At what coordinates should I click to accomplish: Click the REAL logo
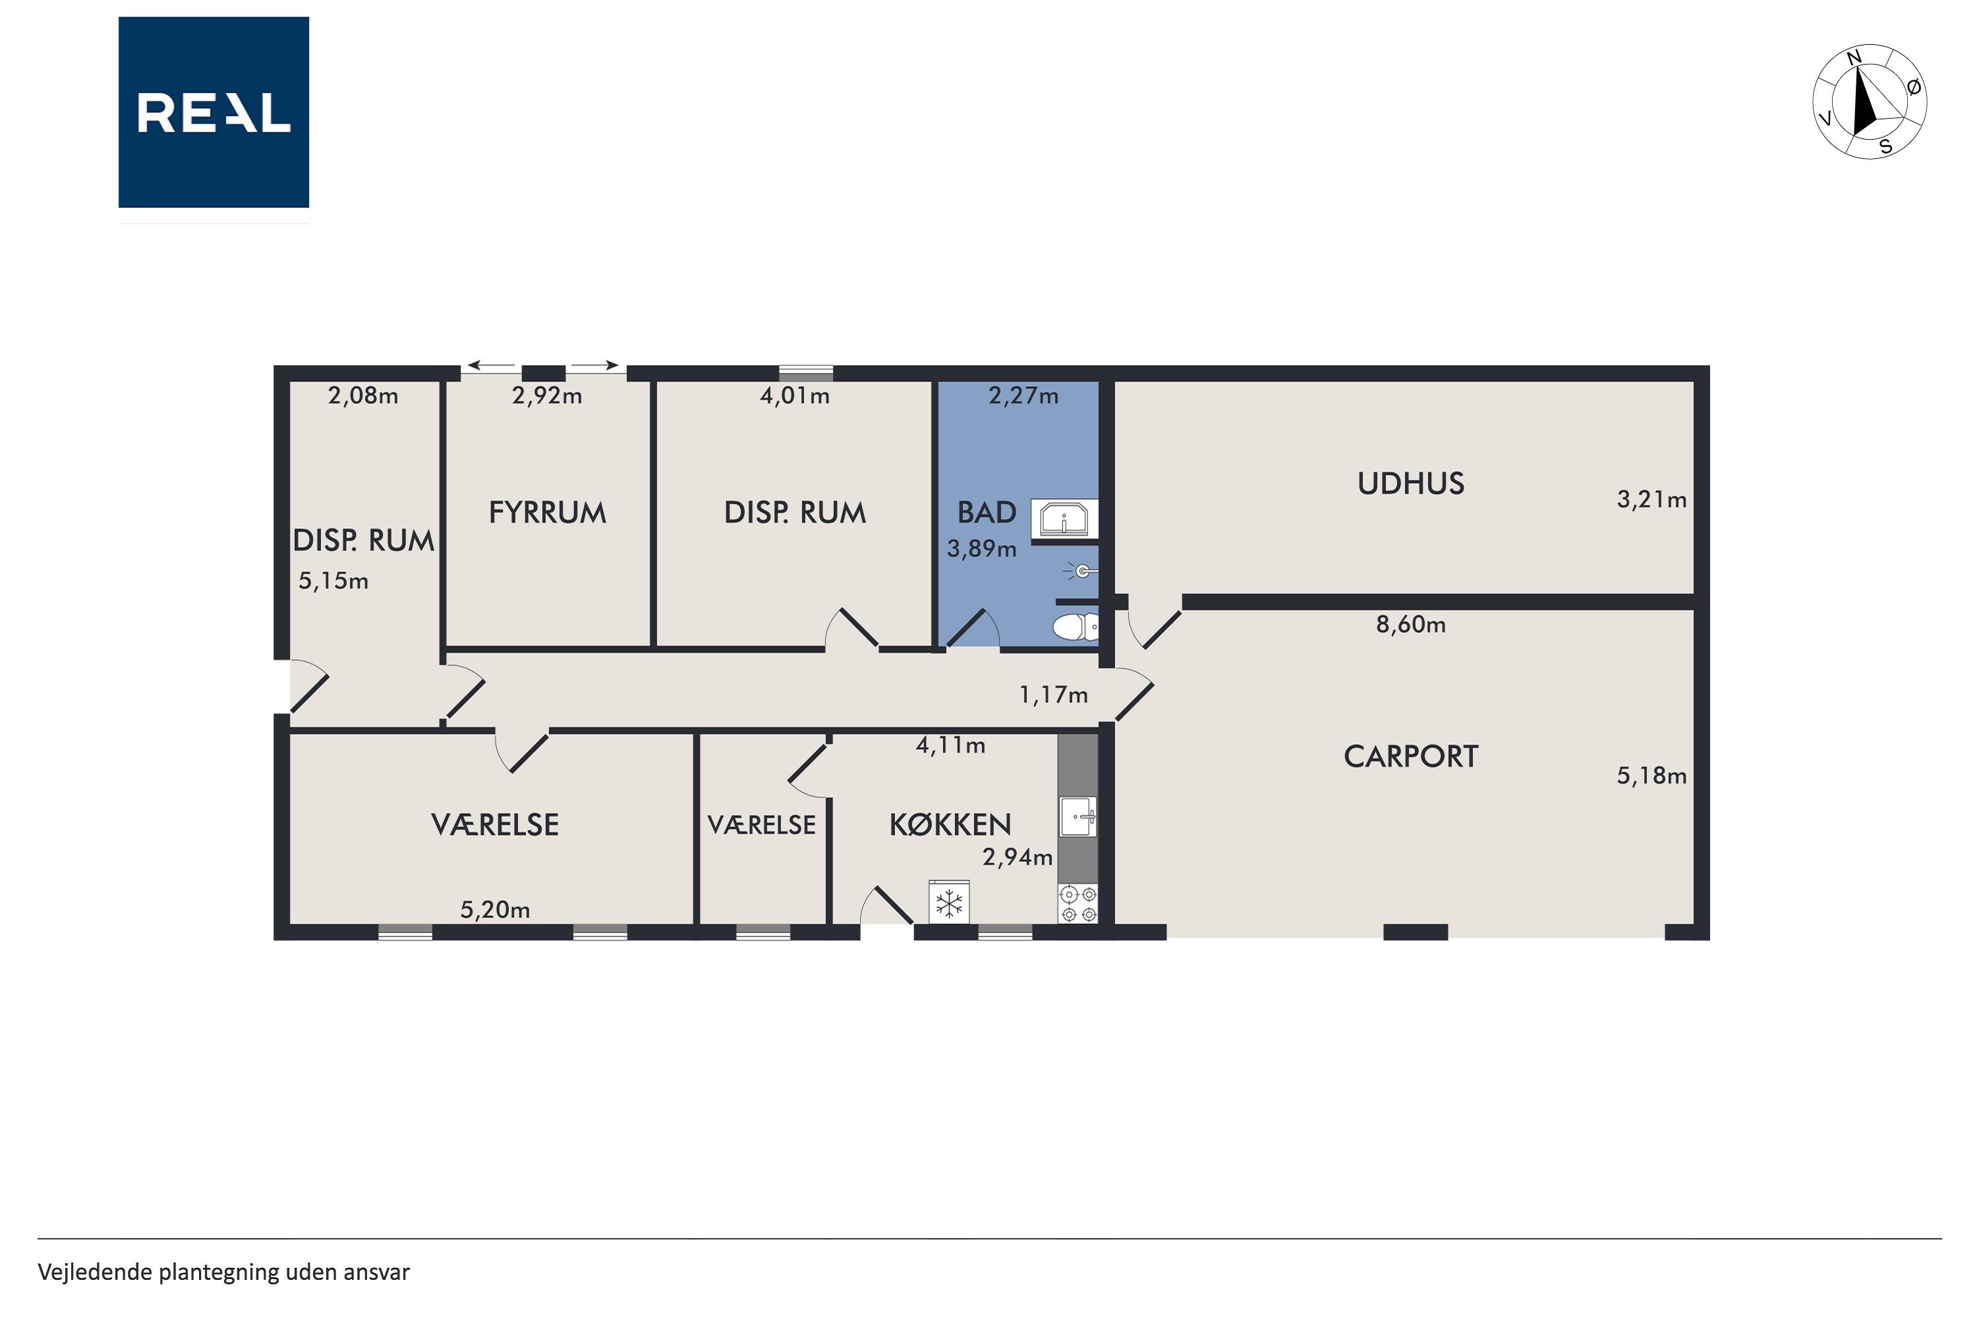point(214,112)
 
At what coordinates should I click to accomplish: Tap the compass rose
point(1870,101)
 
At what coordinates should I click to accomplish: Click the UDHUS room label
point(1410,483)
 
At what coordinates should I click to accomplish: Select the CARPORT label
point(1410,757)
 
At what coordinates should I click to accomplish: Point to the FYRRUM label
point(547,513)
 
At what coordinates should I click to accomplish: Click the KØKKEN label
point(950,824)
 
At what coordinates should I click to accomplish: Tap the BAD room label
point(987,512)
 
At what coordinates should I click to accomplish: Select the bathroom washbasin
point(1064,518)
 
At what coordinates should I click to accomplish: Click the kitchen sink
point(1077,817)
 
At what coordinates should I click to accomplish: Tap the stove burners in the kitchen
point(1078,903)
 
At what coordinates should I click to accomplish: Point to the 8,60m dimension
point(1410,625)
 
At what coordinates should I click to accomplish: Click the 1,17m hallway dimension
point(1053,695)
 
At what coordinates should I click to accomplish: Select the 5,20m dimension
point(495,909)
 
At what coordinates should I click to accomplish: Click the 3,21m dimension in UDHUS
point(1651,500)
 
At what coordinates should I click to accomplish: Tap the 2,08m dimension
point(363,395)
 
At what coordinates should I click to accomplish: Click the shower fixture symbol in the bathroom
point(1080,571)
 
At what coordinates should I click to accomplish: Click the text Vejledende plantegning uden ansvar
point(223,1273)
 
